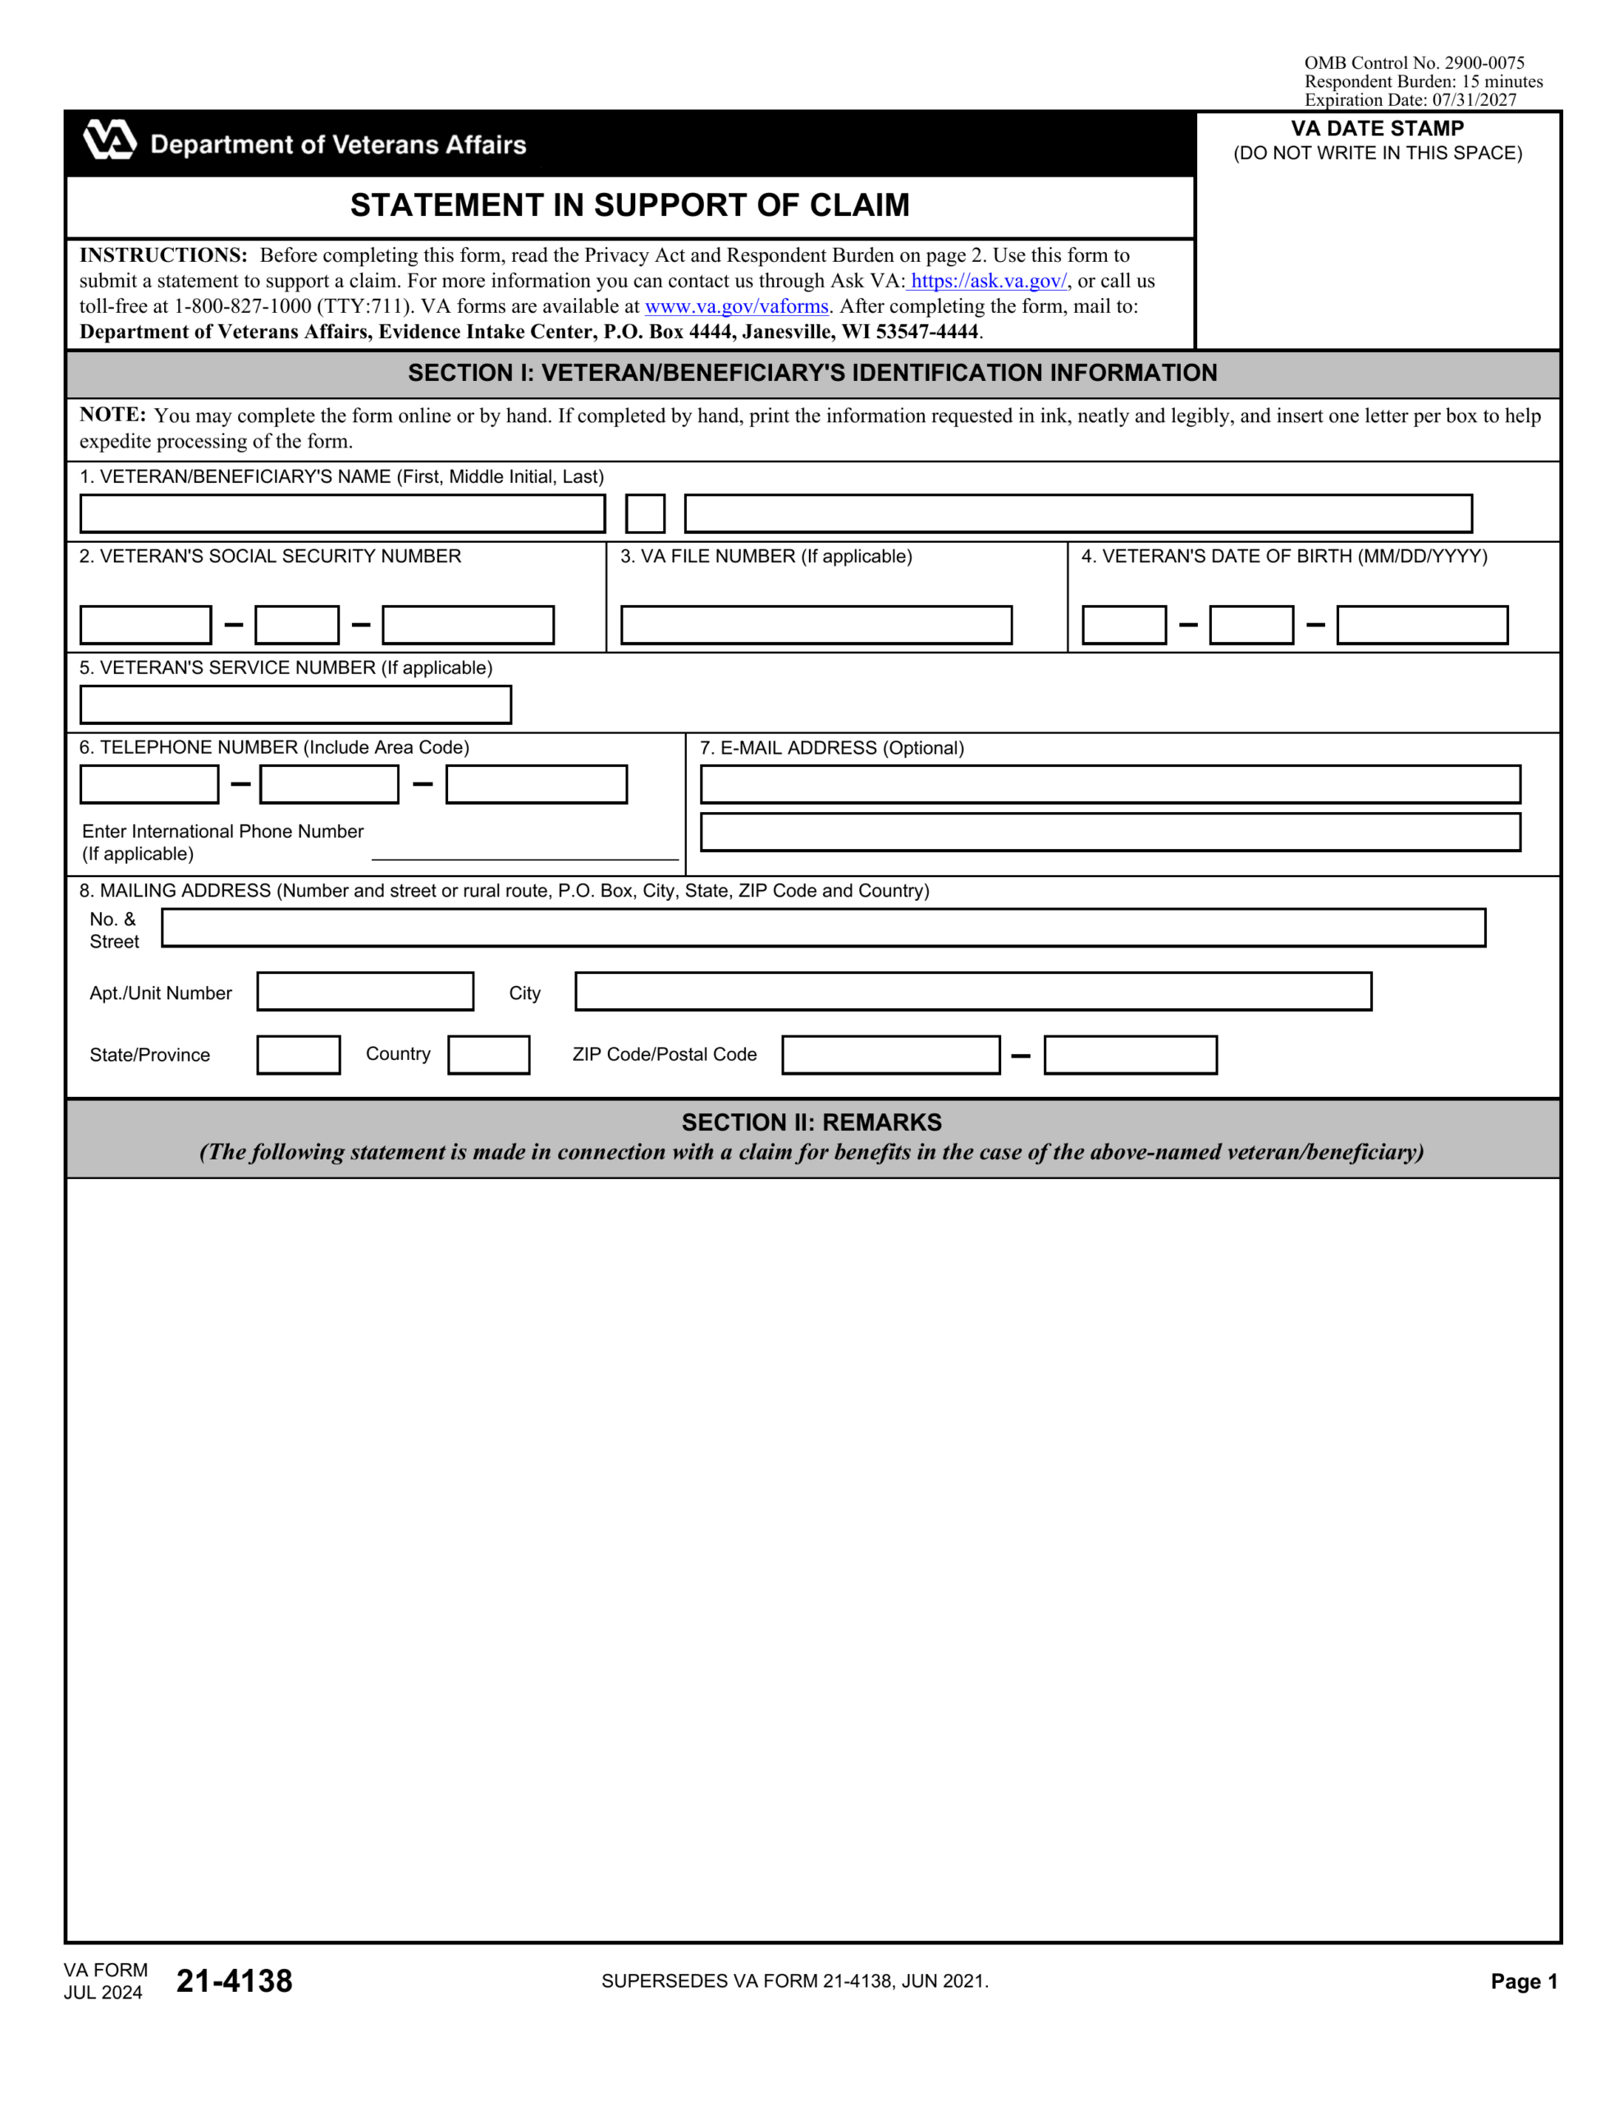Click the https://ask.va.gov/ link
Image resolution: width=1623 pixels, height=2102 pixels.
(988, 281)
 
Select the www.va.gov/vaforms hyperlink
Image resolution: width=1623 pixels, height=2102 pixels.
(736, 306)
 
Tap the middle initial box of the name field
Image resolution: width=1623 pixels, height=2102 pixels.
(645, 514)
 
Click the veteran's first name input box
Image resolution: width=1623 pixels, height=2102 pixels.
(341, 514)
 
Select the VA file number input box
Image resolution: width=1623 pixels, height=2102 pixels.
(816, 626)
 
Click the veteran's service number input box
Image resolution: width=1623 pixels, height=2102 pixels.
(295, 704)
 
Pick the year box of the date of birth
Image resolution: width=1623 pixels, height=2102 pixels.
(1421, 626)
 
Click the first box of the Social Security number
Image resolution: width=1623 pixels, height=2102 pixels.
(145, 626)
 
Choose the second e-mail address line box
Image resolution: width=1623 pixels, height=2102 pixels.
(1109, 833)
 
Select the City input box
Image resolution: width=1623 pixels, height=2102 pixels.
(972, 991)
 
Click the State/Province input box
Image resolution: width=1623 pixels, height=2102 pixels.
(298, 1055)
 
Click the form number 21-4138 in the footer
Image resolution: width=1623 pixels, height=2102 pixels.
(234, 1980)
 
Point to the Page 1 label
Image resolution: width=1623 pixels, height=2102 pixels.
(1523, 1980)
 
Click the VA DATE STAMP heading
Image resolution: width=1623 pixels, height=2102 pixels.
(1377, 129)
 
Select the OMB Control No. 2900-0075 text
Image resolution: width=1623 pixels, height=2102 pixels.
(1413, 63)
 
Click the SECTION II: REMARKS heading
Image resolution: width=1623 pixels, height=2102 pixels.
(811, 1122)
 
